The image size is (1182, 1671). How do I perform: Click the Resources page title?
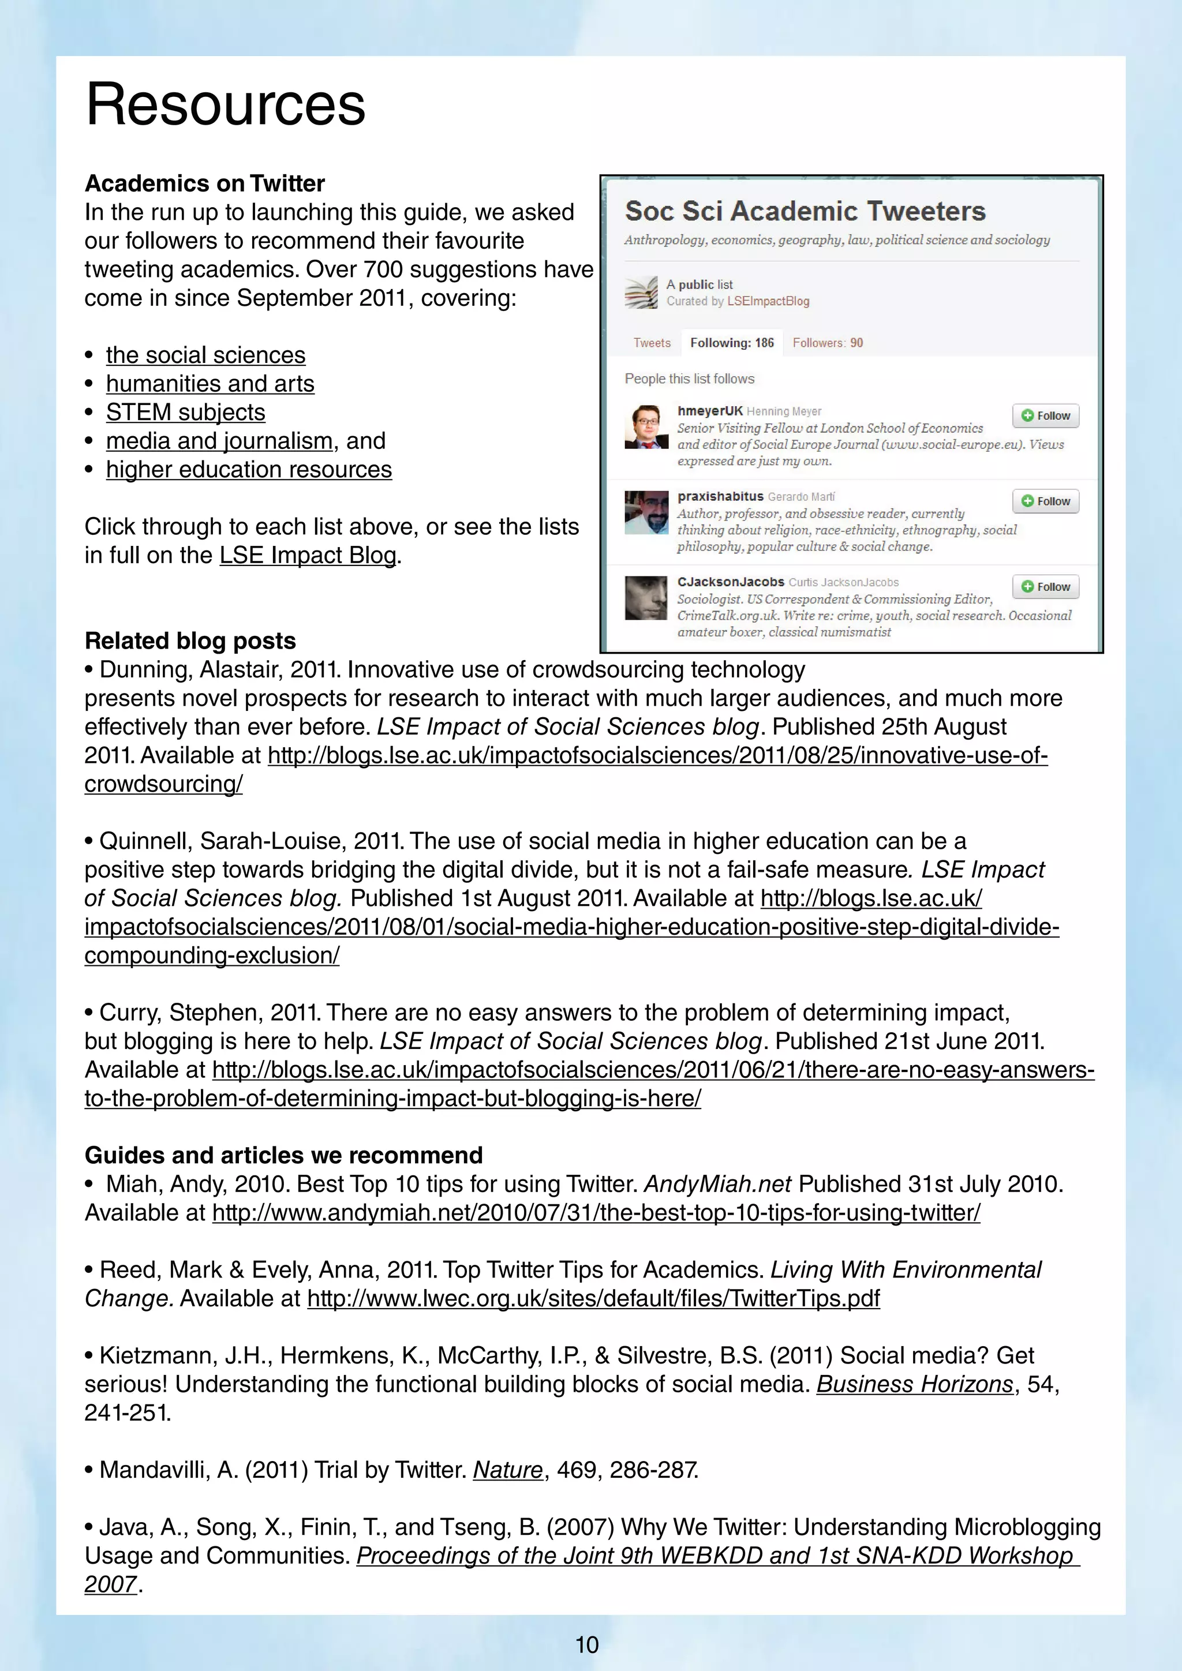(x=225, y=105)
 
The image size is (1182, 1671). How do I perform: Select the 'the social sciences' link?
(x=205, y=355)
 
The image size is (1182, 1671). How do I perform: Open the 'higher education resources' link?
(x=248, y=470)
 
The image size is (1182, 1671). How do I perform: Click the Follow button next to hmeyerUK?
(x=1045, y=415)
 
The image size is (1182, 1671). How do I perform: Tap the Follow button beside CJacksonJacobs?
(x=1045, y=587)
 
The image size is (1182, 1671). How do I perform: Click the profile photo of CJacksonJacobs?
(x=646, y=598)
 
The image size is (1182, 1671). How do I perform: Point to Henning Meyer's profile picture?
(x=646, y=427)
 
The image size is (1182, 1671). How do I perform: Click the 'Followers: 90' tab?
(x=828, y=343)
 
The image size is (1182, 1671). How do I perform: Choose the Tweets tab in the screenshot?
(x=652, y=343)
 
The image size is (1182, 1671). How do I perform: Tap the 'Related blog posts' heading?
(x=190, y=641)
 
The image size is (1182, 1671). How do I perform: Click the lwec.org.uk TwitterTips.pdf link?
(x=593, y=1298)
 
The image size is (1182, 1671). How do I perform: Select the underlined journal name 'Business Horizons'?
(x=914, y=1384)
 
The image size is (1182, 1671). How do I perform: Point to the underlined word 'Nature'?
(x=507, y=1470)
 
